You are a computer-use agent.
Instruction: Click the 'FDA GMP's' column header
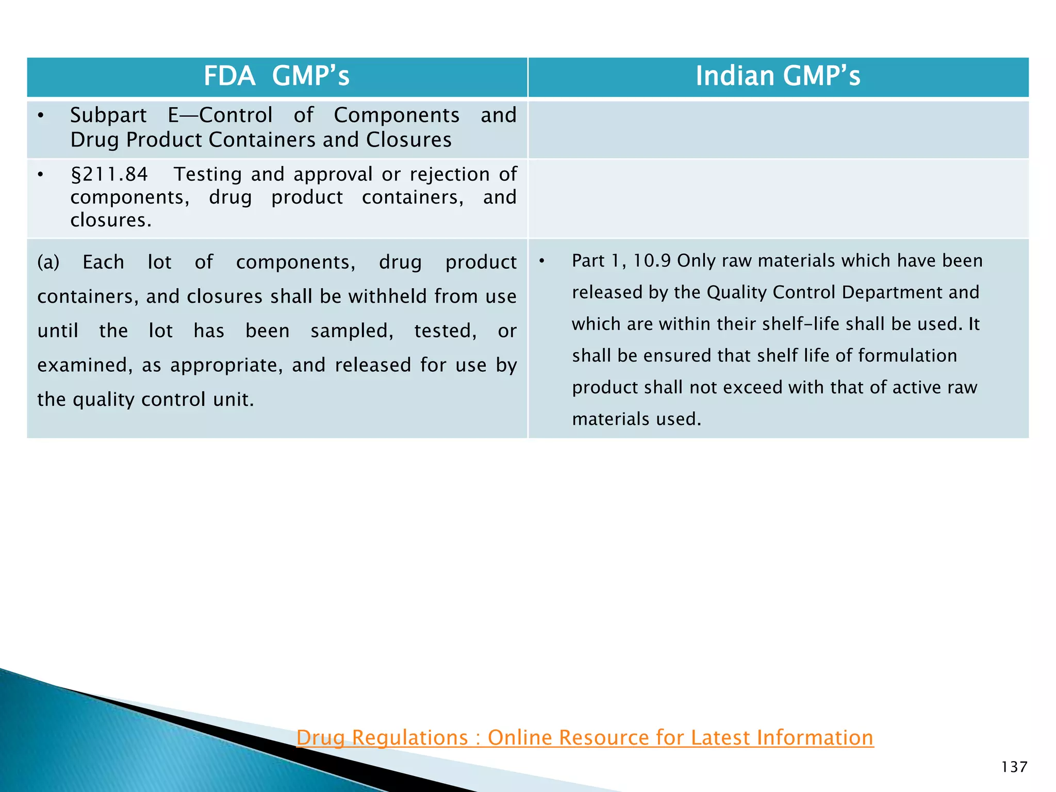coord(276,76)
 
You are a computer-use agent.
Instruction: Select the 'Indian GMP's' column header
coord(778,76)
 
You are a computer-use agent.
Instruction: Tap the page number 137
coord(1014,767)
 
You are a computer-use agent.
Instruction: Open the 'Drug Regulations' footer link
coord(585,737)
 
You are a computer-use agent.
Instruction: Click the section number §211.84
coord(109,174)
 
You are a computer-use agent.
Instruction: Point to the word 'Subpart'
coord(108,115)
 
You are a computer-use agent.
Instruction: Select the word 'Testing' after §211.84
coord(208,174)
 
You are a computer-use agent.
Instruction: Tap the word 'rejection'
coord(450,174)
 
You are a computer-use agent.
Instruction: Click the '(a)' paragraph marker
coord(48,262)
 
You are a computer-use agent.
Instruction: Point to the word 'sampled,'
coord(352,331)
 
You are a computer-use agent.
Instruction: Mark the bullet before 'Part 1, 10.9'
coord(542,261)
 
